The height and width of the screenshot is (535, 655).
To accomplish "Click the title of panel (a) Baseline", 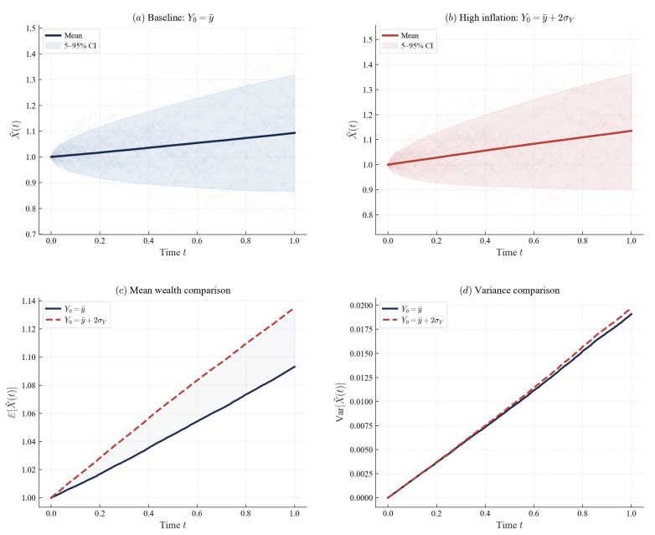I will coord(173,16).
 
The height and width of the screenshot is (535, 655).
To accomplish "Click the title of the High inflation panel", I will coord(509,16).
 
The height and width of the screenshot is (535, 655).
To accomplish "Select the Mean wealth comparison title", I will coord(173,290).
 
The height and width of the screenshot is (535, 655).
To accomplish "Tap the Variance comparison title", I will coord(509,290).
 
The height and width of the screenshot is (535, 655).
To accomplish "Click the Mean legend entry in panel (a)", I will coord(72,36).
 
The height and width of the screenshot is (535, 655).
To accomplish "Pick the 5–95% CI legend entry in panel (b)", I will coord(415,45).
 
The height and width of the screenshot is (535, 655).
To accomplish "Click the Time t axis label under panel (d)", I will coord(509,524).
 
